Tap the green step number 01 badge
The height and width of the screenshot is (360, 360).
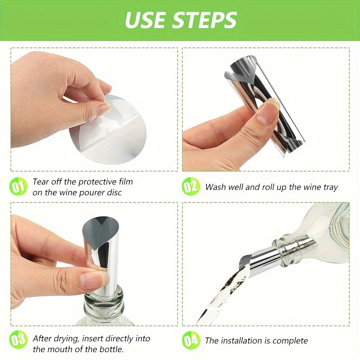(18, 187)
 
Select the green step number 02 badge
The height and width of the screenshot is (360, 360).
(191, 187)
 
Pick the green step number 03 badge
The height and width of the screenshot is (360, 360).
(18, 340)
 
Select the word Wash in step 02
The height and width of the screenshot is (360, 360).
(215, 187)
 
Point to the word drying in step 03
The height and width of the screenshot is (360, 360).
(67, 338)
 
